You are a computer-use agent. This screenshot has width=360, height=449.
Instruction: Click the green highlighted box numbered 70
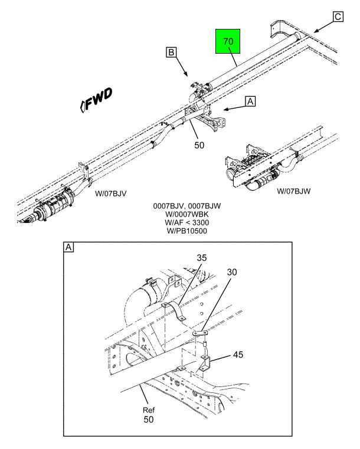228,41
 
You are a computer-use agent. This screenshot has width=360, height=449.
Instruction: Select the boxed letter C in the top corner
338,17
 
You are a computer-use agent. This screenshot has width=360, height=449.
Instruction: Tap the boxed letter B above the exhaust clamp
171,53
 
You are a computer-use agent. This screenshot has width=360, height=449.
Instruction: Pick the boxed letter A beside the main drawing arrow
250,101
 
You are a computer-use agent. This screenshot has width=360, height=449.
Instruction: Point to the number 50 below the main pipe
199,145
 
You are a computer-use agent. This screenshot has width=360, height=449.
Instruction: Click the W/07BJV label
110,194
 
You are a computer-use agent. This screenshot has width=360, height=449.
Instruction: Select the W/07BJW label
293,191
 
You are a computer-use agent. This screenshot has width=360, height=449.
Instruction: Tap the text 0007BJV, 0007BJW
186,206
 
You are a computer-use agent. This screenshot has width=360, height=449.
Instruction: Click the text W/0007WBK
186,214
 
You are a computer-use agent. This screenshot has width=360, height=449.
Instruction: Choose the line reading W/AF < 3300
186,222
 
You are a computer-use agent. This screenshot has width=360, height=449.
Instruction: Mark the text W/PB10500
186,231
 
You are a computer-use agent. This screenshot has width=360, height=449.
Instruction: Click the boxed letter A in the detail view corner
68,247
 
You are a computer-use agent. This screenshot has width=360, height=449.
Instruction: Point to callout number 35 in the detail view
202,258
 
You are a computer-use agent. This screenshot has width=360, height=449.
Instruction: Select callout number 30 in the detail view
232,272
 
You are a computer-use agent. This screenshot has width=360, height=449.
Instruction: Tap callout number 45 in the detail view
238,355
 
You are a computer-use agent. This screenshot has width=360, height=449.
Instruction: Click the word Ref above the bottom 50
149,410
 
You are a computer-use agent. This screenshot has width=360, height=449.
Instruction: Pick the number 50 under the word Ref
149,419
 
